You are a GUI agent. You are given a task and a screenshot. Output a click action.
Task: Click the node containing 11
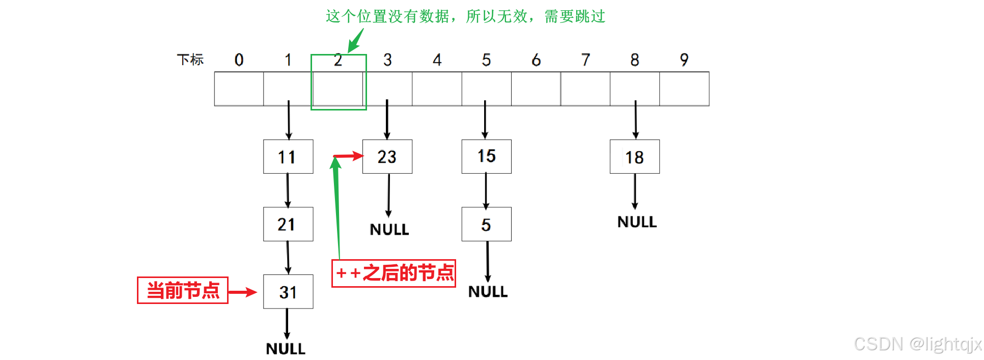pyautogui.click(x=288, y=157)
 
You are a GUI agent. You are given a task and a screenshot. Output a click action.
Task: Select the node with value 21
pyautogui.click(x=288, y=224)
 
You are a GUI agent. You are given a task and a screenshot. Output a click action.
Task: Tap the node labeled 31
pyautogui.click(x=288, y=292)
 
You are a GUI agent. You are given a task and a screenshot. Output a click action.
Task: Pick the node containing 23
pyautogui.click(x=387, y=157)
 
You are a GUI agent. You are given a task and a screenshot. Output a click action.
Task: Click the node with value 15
pyautogui.click(x=486, y=156)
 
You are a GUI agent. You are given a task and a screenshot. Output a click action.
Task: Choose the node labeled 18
pyautogui.click(x=634, y=157)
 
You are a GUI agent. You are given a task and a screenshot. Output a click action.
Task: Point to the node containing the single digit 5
pyautogui.click(x=486, y=224)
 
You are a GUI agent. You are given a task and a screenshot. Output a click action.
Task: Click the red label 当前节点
pyautogui.click(x=183, y=290)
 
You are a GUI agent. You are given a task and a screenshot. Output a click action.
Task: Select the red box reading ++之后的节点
pyautogui.click(x=393, y=273)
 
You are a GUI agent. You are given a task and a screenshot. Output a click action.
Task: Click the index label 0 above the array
pyautogui.click(x=239, y=60)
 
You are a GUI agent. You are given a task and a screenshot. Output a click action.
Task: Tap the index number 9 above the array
pyautogui.click(x=684, y=60)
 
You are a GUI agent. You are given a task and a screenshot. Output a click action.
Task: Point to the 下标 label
pyautogui.click(x=190, y=60)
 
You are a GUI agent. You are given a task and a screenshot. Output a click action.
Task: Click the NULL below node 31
pyautogui.click(x=286, y=349)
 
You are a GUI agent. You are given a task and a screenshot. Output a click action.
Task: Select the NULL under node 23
pyautogui.click(x=389, y=230)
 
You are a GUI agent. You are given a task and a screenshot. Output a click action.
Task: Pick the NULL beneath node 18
pyautogui.click(x=637, y=222)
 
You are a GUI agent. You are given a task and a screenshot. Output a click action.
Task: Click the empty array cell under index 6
pyautogui.click(x=536, y=89)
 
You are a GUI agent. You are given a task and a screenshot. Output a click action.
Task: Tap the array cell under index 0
pyautogui.click(x=239, y=89)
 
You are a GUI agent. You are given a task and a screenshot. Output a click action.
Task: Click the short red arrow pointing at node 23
pyautogui.click(x=348, y=156)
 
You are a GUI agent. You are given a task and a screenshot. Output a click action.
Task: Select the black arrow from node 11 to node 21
pyautogui.click(x=288, y=190)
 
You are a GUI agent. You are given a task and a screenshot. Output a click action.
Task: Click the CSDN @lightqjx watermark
pyautogui.click(x=917, y=344)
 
